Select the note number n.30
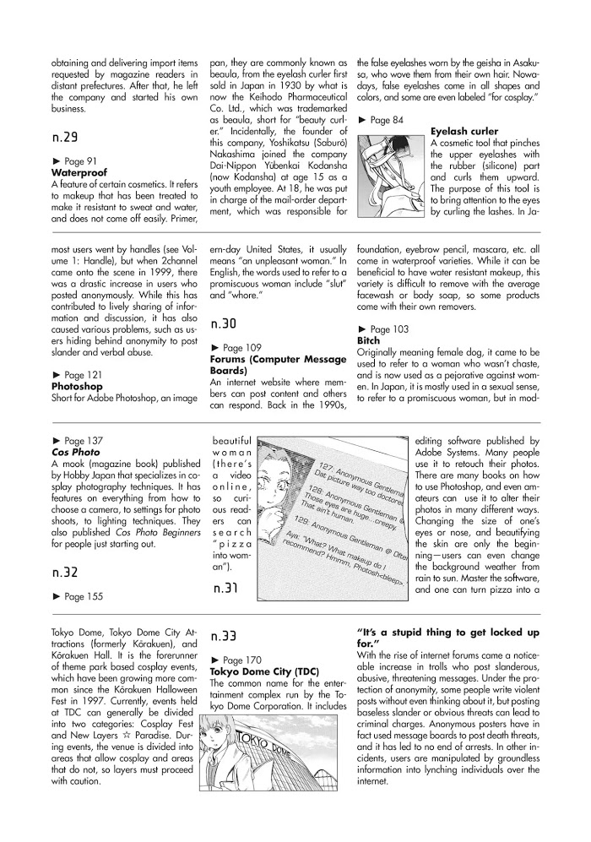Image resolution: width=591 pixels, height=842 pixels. [x=224, y=323]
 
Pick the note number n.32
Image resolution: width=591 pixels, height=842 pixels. [x=64, y=550]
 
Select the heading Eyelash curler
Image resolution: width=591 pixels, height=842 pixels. [x=464, y=132]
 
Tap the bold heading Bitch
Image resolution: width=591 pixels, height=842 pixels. [x=370, y=340]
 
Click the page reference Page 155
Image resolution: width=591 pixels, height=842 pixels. [x=84, y=573]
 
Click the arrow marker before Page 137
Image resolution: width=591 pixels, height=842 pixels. [x=56, y=441]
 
